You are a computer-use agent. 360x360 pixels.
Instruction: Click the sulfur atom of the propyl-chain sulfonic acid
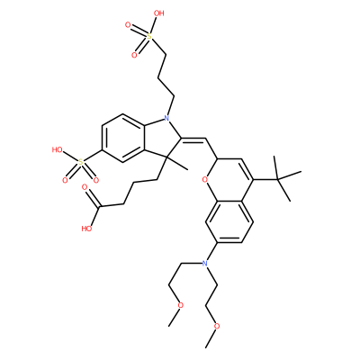pyautogui.click(x=149, y=37)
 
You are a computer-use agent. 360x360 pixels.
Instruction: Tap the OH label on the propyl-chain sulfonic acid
pyautogui.click(x=158, y=13)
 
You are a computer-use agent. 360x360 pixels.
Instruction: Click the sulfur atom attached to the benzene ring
pyautogui.click(x=80, y=162)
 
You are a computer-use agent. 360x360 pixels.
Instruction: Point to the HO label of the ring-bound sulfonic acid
pyautogui.click(x=57, y=149)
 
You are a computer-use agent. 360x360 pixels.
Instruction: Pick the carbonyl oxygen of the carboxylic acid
pyautogui.click(x=85, y=187)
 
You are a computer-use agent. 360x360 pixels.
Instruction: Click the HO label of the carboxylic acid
pyautogui.click(x=86, y=229)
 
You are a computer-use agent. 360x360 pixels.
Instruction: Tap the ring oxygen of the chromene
pyautogui.click(x=205, y=180)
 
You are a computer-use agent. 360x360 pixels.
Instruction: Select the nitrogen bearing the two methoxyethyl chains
pyautogui.click(x=205, y=264)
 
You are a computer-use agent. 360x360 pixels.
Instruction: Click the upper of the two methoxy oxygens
pyautogui.click(x=181, y=305)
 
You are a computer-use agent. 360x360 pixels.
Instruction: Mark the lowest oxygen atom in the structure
pyautogui.click(x=217, y=326)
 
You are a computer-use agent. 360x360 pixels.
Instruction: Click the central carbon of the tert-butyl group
pyautogui.click(x=277, y=179)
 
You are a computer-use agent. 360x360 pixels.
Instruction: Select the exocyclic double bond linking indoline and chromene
pyautogui.click(x=193, y=139)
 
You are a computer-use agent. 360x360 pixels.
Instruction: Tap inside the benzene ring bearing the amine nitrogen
pyautogui.click(x=229, y=221)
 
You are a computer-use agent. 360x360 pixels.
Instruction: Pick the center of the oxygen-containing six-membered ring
pyautogui.click(x=229, y=179)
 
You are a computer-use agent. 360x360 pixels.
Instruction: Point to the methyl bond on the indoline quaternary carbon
pyautogui.click(x=177, y=163)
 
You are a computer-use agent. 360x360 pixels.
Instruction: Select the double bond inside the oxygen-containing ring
pyautogui.click(x=247, y=169)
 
